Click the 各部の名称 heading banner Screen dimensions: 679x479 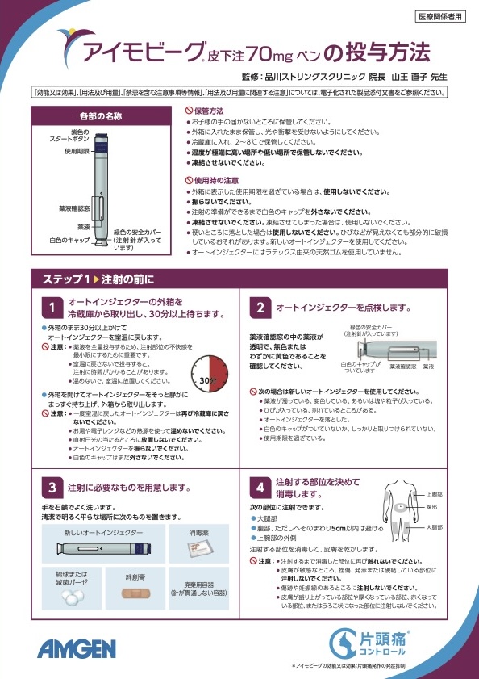point(102,116)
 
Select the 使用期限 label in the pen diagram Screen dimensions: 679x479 point(77,151)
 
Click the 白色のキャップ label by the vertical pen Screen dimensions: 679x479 point(69,241)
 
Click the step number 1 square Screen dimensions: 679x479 point(51,308)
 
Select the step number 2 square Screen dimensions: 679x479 point(260,308)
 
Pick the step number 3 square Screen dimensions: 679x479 point(51,488)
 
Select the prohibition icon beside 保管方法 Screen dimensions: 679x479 point(190,110)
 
